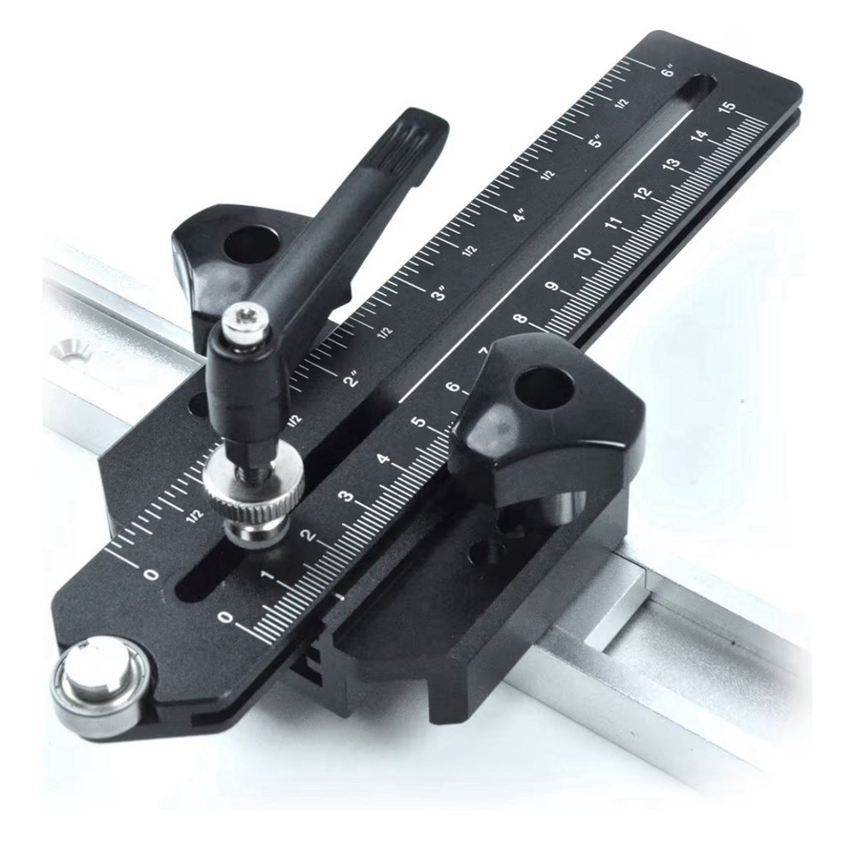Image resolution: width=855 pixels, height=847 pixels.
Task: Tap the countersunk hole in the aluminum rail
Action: [68, 348]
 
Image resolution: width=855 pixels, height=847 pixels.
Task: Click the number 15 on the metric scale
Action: [728, 109]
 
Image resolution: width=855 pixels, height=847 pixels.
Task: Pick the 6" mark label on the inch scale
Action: [668, 72]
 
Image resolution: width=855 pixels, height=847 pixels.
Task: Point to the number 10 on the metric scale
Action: [583, 254]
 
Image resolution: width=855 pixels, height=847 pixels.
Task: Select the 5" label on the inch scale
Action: [595, 142]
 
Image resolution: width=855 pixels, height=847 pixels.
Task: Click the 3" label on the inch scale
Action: [439, 294]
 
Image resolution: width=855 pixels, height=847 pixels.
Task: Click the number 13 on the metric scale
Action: [671, 165]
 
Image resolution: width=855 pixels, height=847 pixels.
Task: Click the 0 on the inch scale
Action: [151, 573]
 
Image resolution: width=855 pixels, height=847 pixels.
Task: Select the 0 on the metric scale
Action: [225, 615]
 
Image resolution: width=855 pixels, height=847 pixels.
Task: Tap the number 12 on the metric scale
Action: [643, 194]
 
